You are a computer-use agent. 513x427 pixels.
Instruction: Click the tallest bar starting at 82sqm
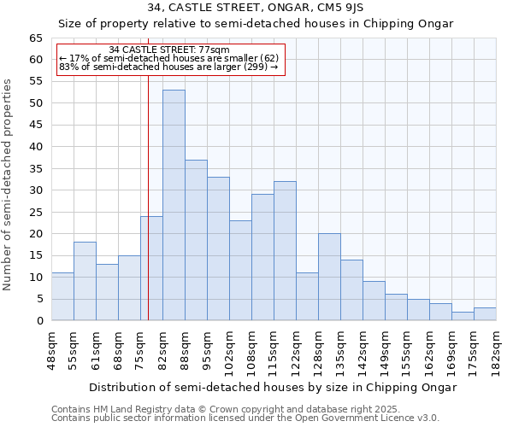174,205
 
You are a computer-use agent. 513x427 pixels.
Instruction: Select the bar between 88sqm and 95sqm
196,240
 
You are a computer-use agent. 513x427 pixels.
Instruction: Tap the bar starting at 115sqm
285,251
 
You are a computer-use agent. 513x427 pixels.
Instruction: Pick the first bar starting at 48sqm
62,296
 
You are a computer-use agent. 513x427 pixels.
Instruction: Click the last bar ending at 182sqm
485,314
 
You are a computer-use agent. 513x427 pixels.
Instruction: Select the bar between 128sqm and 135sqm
329,277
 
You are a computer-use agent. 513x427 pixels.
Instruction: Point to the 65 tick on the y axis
36,38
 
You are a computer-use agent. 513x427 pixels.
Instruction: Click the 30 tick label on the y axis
36,190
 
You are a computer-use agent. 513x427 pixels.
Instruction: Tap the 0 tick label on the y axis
39,321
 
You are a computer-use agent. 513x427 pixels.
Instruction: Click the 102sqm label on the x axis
229,351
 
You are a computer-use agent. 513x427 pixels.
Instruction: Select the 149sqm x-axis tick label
385,351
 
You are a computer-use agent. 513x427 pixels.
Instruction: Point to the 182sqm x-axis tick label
496,351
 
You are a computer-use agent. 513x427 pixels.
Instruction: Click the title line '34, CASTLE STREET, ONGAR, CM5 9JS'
256,8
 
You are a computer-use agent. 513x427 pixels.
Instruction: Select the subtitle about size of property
256,24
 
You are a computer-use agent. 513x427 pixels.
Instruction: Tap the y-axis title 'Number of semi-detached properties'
8,184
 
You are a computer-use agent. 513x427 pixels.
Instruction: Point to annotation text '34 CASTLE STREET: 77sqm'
169,50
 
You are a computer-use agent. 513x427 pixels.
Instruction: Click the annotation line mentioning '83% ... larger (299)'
168,67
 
